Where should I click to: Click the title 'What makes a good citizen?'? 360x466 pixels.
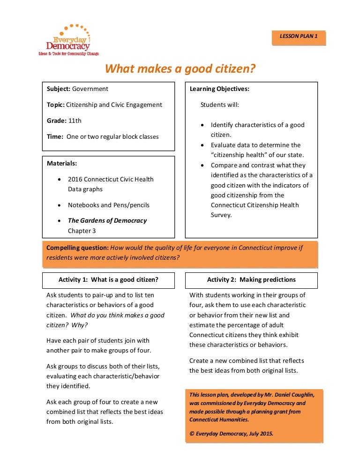coord(180,69)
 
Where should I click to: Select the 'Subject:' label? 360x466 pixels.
coord(59,89)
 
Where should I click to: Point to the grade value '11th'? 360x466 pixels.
coord(75,120)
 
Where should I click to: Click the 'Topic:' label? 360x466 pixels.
coord(56,105)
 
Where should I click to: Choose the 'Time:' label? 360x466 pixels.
coord(55,136)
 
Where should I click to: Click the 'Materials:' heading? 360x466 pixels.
coord(62,163)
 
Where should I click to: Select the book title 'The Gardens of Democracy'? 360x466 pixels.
coord(107,220)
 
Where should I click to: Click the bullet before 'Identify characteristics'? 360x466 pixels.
coord(202,125)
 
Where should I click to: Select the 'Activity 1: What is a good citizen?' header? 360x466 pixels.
coord(108,279)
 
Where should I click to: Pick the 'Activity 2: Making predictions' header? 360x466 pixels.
coord(251,279)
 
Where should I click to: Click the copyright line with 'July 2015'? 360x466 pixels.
coord(231,433)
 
